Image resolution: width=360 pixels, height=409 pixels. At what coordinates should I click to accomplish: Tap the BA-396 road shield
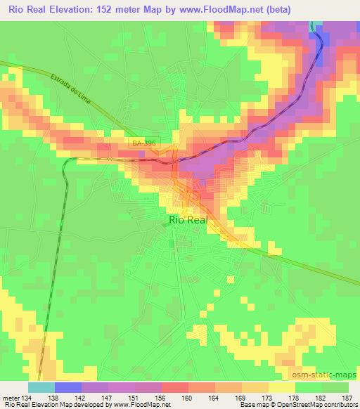click(x=144, y=143)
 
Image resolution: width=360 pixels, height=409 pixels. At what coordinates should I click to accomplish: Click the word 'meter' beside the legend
click(x=11, y=397)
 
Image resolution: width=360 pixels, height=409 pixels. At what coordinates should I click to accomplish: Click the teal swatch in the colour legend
click(x=41, y=387)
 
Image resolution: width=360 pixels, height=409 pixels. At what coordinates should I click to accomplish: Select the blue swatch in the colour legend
click(x=67, y=387)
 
